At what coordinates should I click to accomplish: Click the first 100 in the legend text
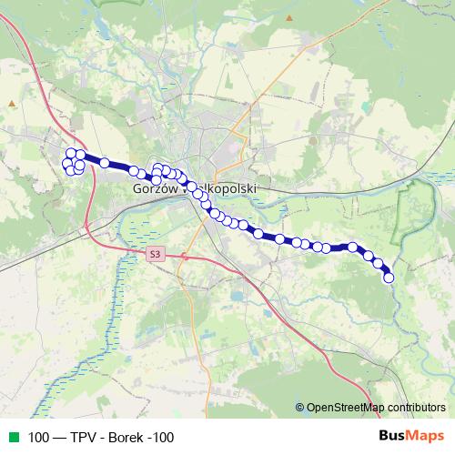pos(39,437)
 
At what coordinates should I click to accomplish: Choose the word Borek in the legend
pos(126,437)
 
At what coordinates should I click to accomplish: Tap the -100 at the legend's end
pos(161,437)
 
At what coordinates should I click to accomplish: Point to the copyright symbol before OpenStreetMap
pos(299,407)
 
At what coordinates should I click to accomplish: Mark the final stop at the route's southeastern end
pos(389,278)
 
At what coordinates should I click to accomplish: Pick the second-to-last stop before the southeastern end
pos(378,263)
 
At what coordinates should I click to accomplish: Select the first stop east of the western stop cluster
pos(105,163)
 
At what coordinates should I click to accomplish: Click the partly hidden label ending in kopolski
pos(235,188)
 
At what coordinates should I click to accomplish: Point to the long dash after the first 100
pos(59,437)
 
